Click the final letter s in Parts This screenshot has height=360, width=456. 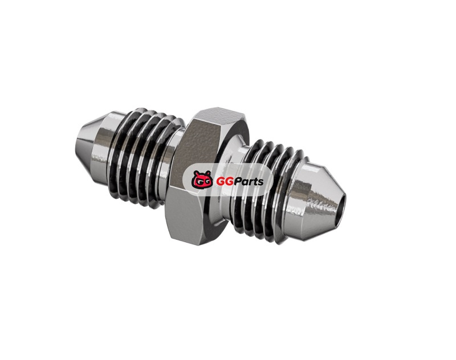(261, 183)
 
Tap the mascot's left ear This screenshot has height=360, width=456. (196, 174)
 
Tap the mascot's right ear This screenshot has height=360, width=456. (207, 174)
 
